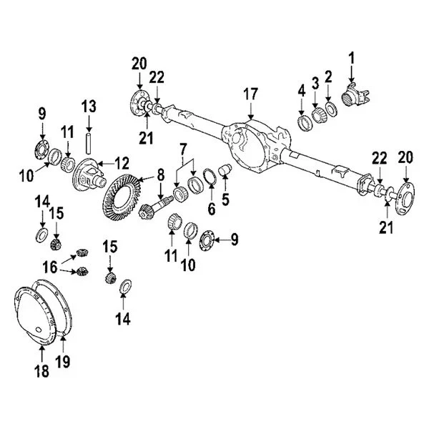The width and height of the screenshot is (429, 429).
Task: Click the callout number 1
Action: (x=351, y=56)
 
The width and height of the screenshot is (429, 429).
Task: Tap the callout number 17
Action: (x=251, y=93)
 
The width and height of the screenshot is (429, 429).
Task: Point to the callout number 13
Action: (x=88, y=107)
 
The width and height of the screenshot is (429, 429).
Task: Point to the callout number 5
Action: (x=226, y=200)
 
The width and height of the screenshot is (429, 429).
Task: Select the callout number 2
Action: (x=328, y=77)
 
